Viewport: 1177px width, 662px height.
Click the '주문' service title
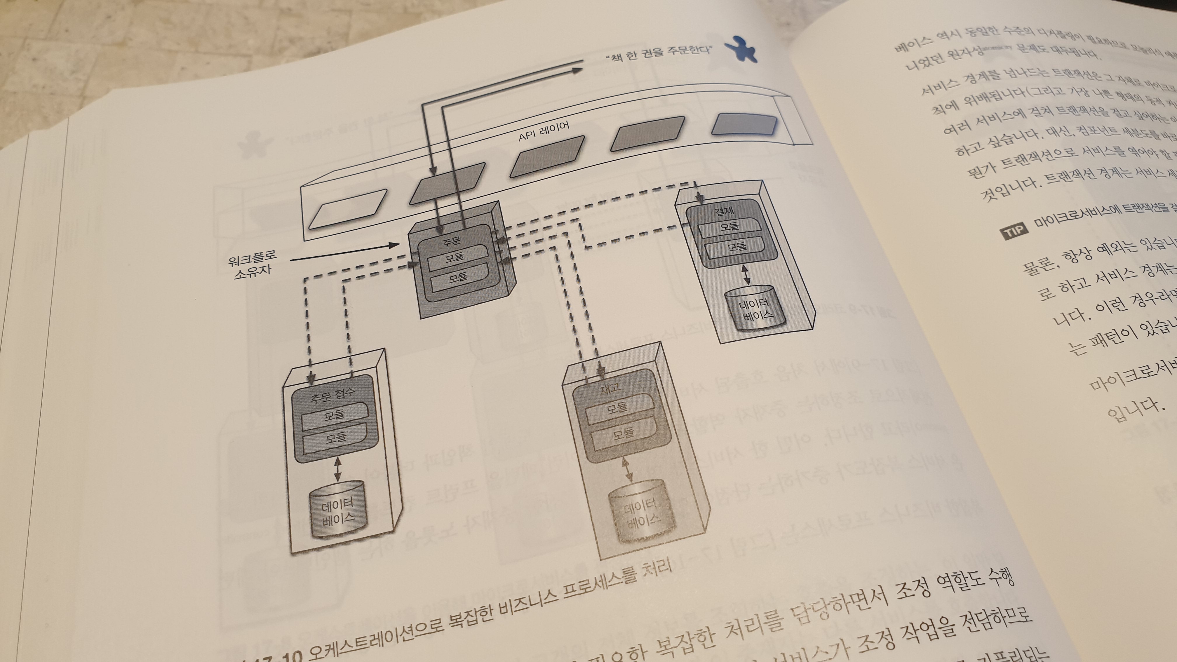pos(451,241)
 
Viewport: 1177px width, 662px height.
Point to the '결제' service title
pos(723,211)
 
